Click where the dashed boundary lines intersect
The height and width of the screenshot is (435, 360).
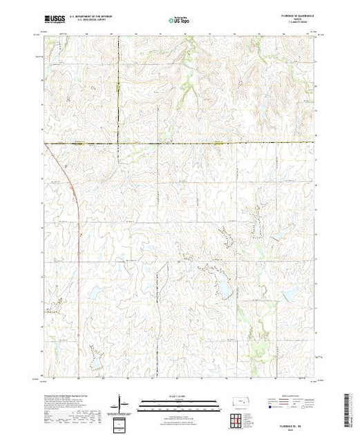pyautogui.click(x=117, y=143)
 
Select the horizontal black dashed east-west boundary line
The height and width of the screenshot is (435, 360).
pyautogui.click(x=207, y=143)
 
